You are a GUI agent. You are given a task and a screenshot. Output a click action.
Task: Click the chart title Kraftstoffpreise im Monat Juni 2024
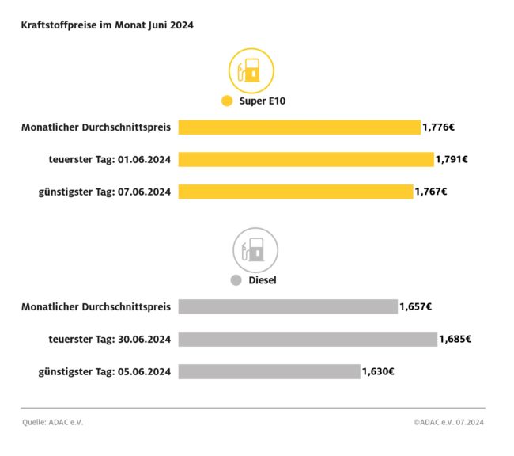pos(108,25)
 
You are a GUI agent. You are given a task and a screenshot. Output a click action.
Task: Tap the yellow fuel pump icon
pos(251,70)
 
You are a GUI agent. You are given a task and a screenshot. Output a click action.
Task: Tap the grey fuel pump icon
pos(255,249)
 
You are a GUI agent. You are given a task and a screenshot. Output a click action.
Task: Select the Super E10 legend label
pos(268,101)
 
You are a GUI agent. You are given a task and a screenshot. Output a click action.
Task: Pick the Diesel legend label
pos(261,280)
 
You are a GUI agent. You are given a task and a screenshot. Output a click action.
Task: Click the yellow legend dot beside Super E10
pos(228,101)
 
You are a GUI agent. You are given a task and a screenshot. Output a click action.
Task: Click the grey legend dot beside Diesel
pos(236,280)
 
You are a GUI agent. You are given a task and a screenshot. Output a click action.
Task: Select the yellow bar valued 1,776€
pos(299,127)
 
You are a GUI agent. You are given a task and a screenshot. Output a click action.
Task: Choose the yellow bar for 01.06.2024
pos(306,159)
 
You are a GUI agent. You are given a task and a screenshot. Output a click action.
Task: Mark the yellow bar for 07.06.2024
pos(296,192)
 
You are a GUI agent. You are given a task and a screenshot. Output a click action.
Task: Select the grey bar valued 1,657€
pos(288,306)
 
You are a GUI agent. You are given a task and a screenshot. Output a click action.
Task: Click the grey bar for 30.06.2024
pos(308,339)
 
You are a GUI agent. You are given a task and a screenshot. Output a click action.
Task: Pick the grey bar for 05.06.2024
pos(269,371)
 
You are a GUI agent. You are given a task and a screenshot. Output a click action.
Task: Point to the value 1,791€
pos(452,159)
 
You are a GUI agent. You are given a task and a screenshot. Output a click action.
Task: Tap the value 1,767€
pos(431,192)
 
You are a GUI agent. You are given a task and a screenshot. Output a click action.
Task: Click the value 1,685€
pos(455,339)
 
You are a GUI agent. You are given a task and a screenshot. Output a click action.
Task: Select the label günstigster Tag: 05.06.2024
pos(104,371)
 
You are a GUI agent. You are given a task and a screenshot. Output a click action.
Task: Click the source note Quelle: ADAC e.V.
pos(52,422)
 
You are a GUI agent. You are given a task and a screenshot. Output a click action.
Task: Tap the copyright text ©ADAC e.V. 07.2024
pos(448,422)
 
